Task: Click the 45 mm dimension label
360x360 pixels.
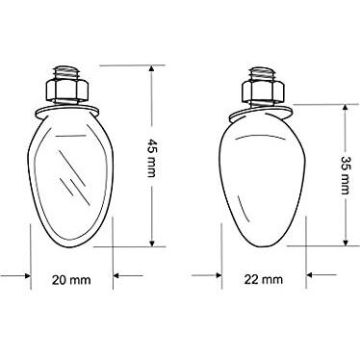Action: click(151, 158)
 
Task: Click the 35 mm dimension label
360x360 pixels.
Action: click(345, 175)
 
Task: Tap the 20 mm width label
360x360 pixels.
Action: click(71, 280)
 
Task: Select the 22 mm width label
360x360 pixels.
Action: click(264, 279)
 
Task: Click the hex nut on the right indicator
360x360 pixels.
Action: click(263, 90)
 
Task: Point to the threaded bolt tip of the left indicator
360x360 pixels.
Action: click(66, 73)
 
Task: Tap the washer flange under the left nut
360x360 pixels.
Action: click(67, 111)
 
